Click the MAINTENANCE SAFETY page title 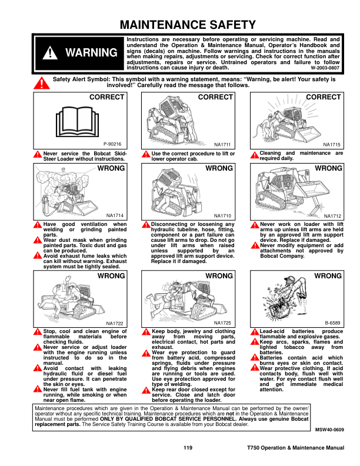click(188, 25)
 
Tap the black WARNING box click(79, 53)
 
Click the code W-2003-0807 click(325, 68)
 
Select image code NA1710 click(222, 216)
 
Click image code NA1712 click(332, 216)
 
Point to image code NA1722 click(115, 323)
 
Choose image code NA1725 click(222, 323)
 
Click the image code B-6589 click(332, 323)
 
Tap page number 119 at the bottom click(188, 449)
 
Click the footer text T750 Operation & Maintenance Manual click(295, 449)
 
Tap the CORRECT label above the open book click(106, 97)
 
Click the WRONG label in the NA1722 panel click(111, 276)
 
